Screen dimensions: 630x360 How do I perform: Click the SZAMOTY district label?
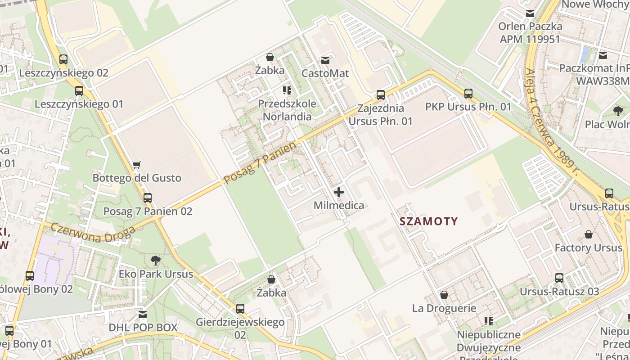tap(428, 221)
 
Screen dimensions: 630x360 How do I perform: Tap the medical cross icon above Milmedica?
tap(339, 193)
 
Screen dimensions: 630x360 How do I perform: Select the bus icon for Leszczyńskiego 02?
tap(63, 59)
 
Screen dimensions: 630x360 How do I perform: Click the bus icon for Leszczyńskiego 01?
tap(79, 91)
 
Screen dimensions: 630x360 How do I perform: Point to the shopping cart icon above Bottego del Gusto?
tap(137, 165)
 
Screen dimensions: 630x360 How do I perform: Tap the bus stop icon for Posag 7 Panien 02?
tap(148, 198)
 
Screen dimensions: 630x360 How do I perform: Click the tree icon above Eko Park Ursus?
tap(156, 260)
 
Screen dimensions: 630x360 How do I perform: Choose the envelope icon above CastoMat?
tap(325, 60)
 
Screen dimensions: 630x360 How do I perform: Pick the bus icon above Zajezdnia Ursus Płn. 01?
tap(381, 95)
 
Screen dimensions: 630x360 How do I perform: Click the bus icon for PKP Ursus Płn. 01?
tap(468, 94)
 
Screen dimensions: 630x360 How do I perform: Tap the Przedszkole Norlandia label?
tap(287, 110)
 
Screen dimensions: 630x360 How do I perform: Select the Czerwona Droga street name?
tap(93, 233)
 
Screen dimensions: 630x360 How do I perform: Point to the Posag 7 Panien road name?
tap(260, 163)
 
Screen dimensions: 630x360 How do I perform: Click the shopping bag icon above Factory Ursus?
tap(588, 234)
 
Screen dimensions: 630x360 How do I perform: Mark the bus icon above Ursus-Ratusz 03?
tap(559, 278)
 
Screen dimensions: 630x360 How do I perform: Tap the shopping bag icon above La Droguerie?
tap(444, 295)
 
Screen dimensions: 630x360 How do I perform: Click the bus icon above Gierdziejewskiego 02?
tap(240, 309)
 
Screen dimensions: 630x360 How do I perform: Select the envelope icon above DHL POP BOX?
tap(143, 314)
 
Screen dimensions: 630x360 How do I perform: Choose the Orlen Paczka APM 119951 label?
tap(530, 32)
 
